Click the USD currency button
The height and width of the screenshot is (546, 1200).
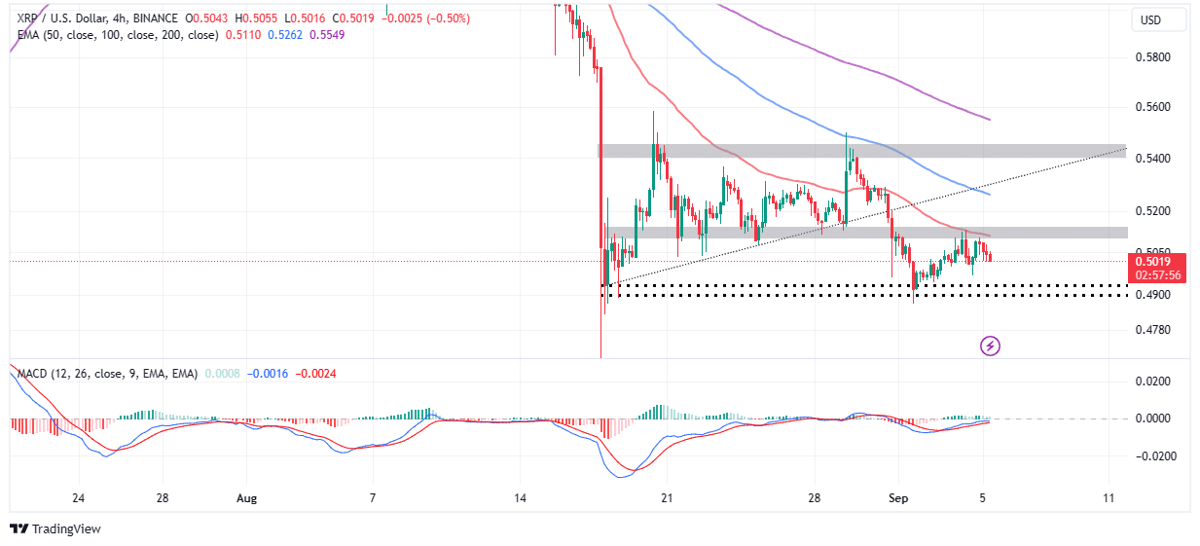(x=1160, y=19)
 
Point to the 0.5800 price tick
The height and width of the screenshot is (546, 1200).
(x=1153, y=56)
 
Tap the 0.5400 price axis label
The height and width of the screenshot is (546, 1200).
(x=1153, y=159)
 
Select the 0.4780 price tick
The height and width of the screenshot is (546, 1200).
(x=1153, y=331)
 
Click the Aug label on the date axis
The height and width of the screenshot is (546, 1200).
(x=247, y=498)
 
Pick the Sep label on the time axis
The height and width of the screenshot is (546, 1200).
(x=899, y=498)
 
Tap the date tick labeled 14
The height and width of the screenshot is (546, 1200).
(x=521, y=498)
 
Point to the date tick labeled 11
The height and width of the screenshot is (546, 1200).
(x=1109, y=498)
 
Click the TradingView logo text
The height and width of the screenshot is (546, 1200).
(x=66, y=529)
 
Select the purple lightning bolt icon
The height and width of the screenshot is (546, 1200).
(x=990, y=346)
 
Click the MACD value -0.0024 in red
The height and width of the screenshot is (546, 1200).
(x=315, y=373)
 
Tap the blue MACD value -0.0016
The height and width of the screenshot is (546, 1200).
(x=269, y=373)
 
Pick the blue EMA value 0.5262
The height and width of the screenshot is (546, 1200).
(x=277, y=35)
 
